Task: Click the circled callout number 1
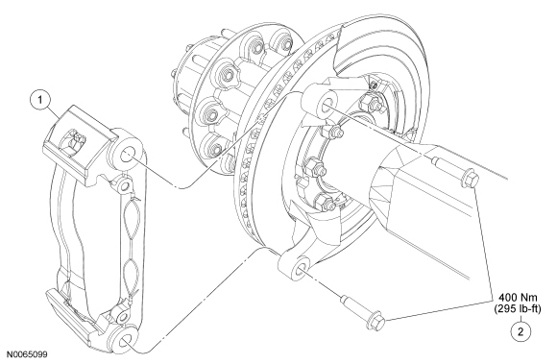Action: (x=40, y=100)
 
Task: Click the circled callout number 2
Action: (x=521, y=332)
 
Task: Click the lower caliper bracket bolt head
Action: (x=375, y=321)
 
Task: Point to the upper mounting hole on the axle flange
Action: (x=326, y=103)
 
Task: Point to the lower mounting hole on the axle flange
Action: (x=301, y=270)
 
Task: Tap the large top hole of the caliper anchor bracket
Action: (x=127, y=155)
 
